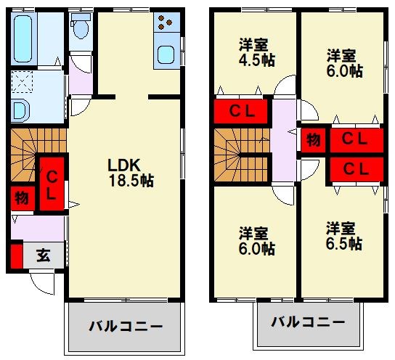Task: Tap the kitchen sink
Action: click(166, 54)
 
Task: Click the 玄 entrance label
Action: click(44, 256)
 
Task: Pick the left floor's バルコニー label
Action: click(126, 326)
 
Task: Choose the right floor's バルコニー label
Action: click(308, 322)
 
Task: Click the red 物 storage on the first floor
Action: click(20, 197)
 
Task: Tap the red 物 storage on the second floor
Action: click(313, 139)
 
